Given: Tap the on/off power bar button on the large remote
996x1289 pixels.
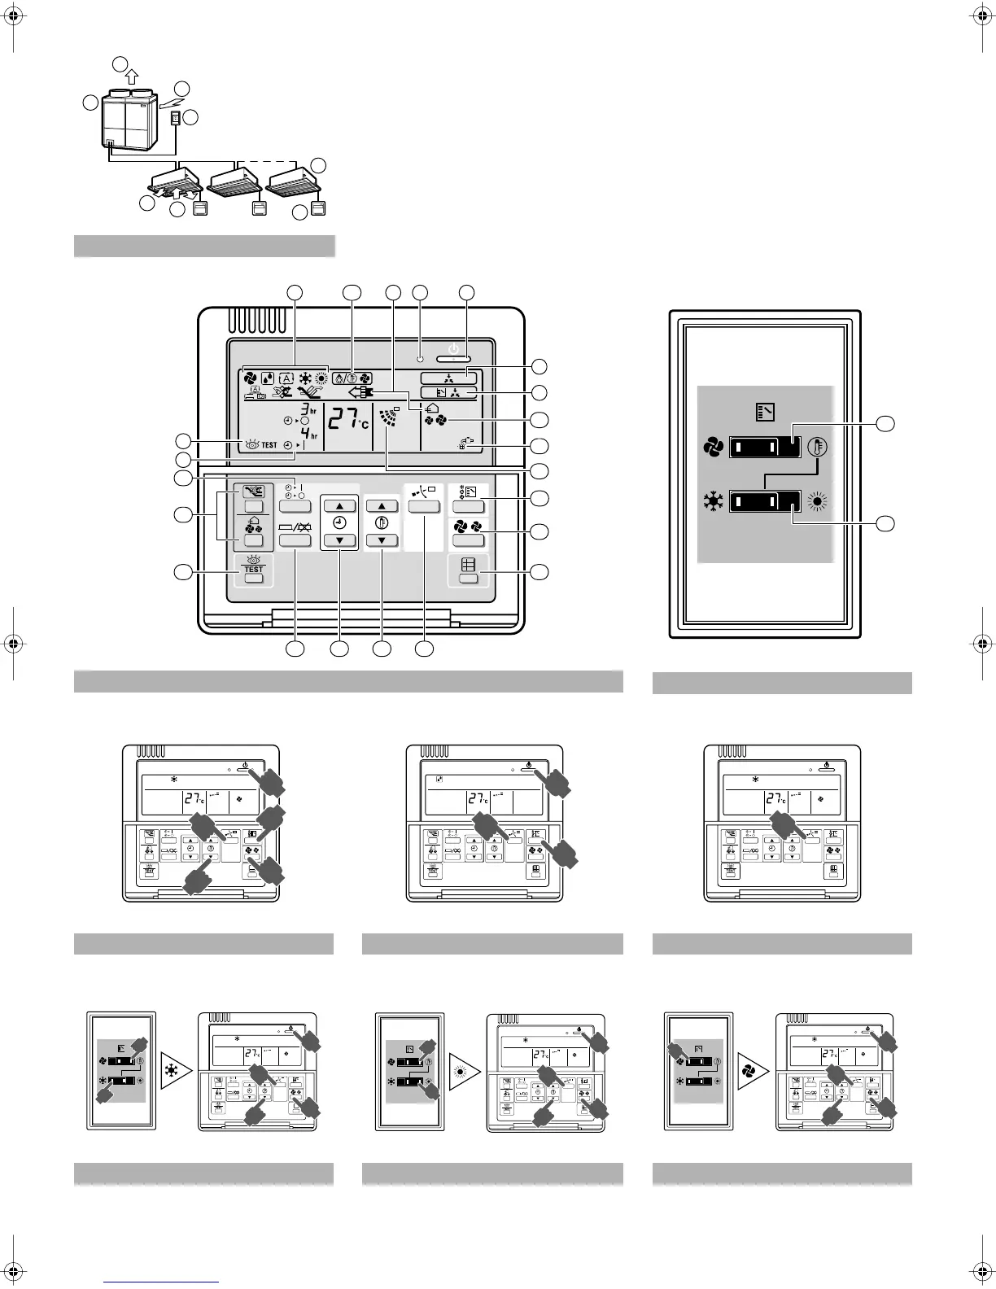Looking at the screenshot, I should click(456, 358).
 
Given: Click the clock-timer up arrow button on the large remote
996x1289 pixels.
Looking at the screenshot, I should click(339, 505).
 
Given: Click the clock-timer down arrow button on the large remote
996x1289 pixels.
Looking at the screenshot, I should click(339, 540).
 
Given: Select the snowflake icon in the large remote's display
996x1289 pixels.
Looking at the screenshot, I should click(307, 378).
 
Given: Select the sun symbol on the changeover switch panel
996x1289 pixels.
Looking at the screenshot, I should click(817, 499).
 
